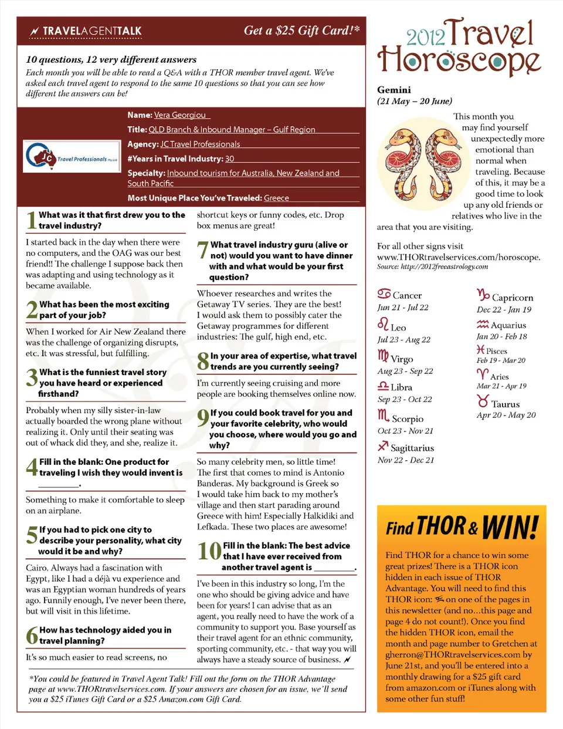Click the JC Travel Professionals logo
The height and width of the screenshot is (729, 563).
pos(72,156)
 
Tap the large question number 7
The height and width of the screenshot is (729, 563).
pos(202,250)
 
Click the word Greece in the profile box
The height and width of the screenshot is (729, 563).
pos(276,198)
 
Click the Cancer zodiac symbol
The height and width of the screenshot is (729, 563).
pos(384,293)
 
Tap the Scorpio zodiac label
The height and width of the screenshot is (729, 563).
pos(407,419)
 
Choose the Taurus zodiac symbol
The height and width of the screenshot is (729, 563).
pos(483,401)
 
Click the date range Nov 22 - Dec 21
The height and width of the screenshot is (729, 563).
pos(406,460)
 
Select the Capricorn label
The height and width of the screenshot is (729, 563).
pos(513,298)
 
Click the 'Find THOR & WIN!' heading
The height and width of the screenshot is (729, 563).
pos(462,527)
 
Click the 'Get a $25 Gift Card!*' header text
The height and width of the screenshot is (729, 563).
pos(301,31)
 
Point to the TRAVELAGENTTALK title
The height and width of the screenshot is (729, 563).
pos(91,31)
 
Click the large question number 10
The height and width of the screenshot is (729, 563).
pos(209,552)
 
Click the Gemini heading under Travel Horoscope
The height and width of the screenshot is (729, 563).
pos(394,90)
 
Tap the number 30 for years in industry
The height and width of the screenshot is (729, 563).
pos(229,158)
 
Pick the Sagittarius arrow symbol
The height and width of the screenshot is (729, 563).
pos(384,447)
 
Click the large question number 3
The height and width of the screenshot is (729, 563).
pos(32,377)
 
